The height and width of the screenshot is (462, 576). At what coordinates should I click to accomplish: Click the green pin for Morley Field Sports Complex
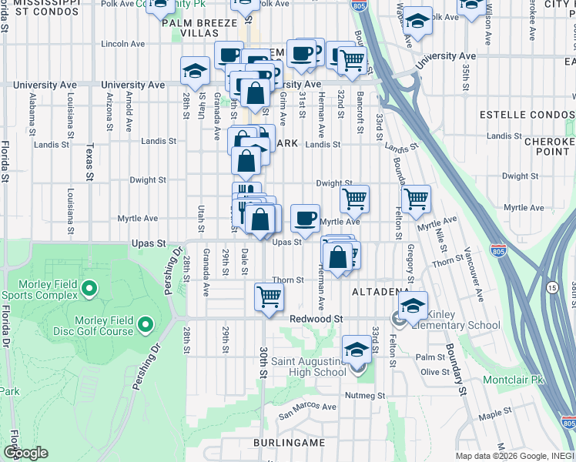click(x=89, y=290)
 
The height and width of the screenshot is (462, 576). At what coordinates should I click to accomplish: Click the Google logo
click(x=25, y=453)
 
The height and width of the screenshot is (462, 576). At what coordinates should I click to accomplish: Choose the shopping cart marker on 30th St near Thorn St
click(x=269, y=296)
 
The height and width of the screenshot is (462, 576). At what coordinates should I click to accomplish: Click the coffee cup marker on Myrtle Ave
click(x=306, y=217)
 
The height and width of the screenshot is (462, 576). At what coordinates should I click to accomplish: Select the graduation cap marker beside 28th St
click(x=195, y=71)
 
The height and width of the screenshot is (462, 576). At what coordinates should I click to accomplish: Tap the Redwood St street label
click(x=316, y=319)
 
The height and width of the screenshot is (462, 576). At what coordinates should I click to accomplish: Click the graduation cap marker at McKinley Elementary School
click(x=414, y=305)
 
